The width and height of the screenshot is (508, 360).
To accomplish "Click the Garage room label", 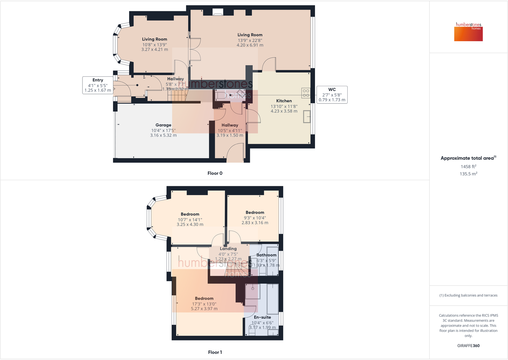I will pyautogui.click(x=163, y=125).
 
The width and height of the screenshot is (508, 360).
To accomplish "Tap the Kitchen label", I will pyautogui.click(x=284, y=101).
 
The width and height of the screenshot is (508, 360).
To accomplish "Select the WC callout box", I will pyautogui.click(x=332, y=95).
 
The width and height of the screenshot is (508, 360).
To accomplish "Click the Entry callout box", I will pyautogui.click(x=98, y=85).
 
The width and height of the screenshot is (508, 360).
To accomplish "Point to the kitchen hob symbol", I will pyautogui.click(x=306, y=93).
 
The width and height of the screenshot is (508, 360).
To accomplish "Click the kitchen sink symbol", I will pyautogui.click(x=307, y=117).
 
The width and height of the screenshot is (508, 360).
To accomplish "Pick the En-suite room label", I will pyautogui.click(x=262, y=317).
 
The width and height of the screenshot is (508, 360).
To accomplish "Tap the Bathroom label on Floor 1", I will pyautogui.click(x=266, y=255).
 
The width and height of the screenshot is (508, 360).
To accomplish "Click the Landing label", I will pyautogui.click(x=228, y=249).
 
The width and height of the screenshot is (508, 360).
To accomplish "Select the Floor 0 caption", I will pyautogui.click(x=215, y=173).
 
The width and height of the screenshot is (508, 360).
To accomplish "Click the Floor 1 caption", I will pyautogui.click(x=215, y=352).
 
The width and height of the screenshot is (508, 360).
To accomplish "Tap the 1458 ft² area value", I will pyautogui.click(x=468, y=166).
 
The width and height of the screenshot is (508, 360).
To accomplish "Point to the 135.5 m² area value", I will pyautogui.click(x=468, y=174).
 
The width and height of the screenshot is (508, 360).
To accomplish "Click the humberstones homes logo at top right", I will pyautogui.click(x=468, y=32).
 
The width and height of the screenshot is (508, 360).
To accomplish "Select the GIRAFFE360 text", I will pyautogui.click(x=468, y=346).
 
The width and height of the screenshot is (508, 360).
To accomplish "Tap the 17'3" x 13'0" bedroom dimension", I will pyautogui.click(x=204, y=304).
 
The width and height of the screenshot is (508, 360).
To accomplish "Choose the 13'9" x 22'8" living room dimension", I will pyautogui.click(x=250, y=41).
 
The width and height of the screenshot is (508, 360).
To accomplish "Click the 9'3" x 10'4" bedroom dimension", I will pyautogui.click(x=255, y=218).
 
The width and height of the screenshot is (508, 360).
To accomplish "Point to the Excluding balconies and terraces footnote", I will pyautogui.click(x=468, y=295).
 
